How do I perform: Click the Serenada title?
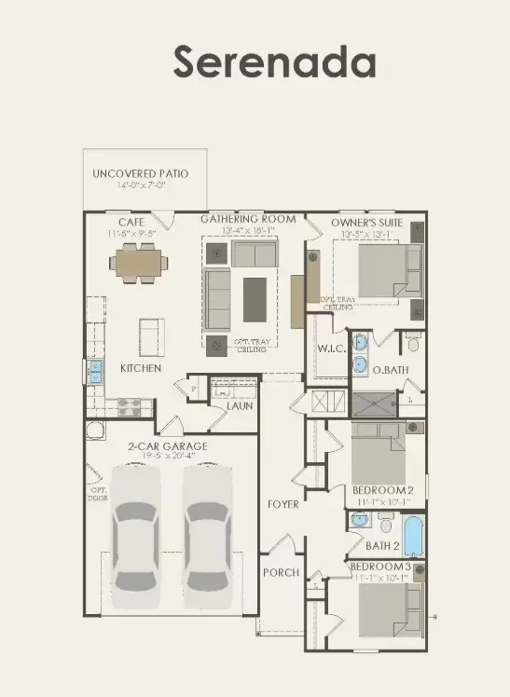click(x=274, y=62)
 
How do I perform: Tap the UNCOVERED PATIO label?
click(x=140, y=174)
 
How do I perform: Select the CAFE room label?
click(x=131, y=221)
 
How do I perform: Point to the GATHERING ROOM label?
click(x=249, y=219)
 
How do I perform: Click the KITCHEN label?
click(x=141, y=368)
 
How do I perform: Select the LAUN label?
click(x=240, y=406)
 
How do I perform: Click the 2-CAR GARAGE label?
click(x=168, y=446)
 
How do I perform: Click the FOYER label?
click(x=283, y=504)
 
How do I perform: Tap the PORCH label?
click(x=281, y=572)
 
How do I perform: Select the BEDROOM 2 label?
click(x=382, y=490)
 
